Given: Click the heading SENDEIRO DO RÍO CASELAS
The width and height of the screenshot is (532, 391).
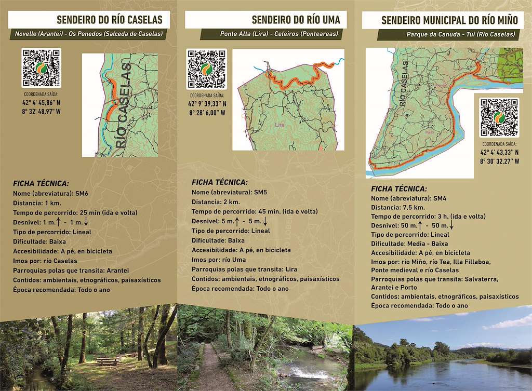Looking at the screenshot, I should [109, 20].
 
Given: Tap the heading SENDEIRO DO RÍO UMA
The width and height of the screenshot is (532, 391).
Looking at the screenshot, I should [296, 20].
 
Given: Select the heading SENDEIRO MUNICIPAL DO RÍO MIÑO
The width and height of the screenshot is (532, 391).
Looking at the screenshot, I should [449, 21].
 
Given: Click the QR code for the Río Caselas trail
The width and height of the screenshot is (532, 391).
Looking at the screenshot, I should [42, 68].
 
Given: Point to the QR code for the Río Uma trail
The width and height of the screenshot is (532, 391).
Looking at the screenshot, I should [207, 70].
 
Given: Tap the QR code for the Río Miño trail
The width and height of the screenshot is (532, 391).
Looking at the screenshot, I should [498, 117].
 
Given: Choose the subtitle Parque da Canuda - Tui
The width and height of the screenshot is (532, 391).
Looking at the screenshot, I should [461, 35].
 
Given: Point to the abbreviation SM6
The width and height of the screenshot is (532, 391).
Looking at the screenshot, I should [82, 193].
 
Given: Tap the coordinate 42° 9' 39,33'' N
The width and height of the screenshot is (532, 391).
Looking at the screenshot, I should [207, 104].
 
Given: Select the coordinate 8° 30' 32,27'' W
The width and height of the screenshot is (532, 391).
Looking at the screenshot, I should [499, 161].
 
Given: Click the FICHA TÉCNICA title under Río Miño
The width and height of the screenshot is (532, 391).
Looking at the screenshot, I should [399, 189].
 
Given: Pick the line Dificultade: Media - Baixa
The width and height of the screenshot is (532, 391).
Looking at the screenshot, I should [410, 244].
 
